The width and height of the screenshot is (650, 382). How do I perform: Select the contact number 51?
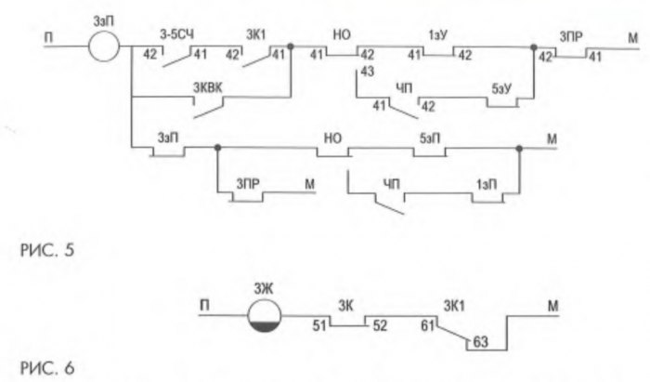click(x=320, y=326)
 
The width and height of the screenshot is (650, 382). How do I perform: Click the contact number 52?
click(x=381, y=326)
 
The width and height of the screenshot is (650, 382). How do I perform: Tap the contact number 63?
click(x=483, y=341)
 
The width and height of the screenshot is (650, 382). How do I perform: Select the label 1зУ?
click(x=436, y=35)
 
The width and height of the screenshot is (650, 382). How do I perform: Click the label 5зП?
click(x=431, y=138)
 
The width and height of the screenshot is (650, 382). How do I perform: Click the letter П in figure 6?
click(x=203, y=303)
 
